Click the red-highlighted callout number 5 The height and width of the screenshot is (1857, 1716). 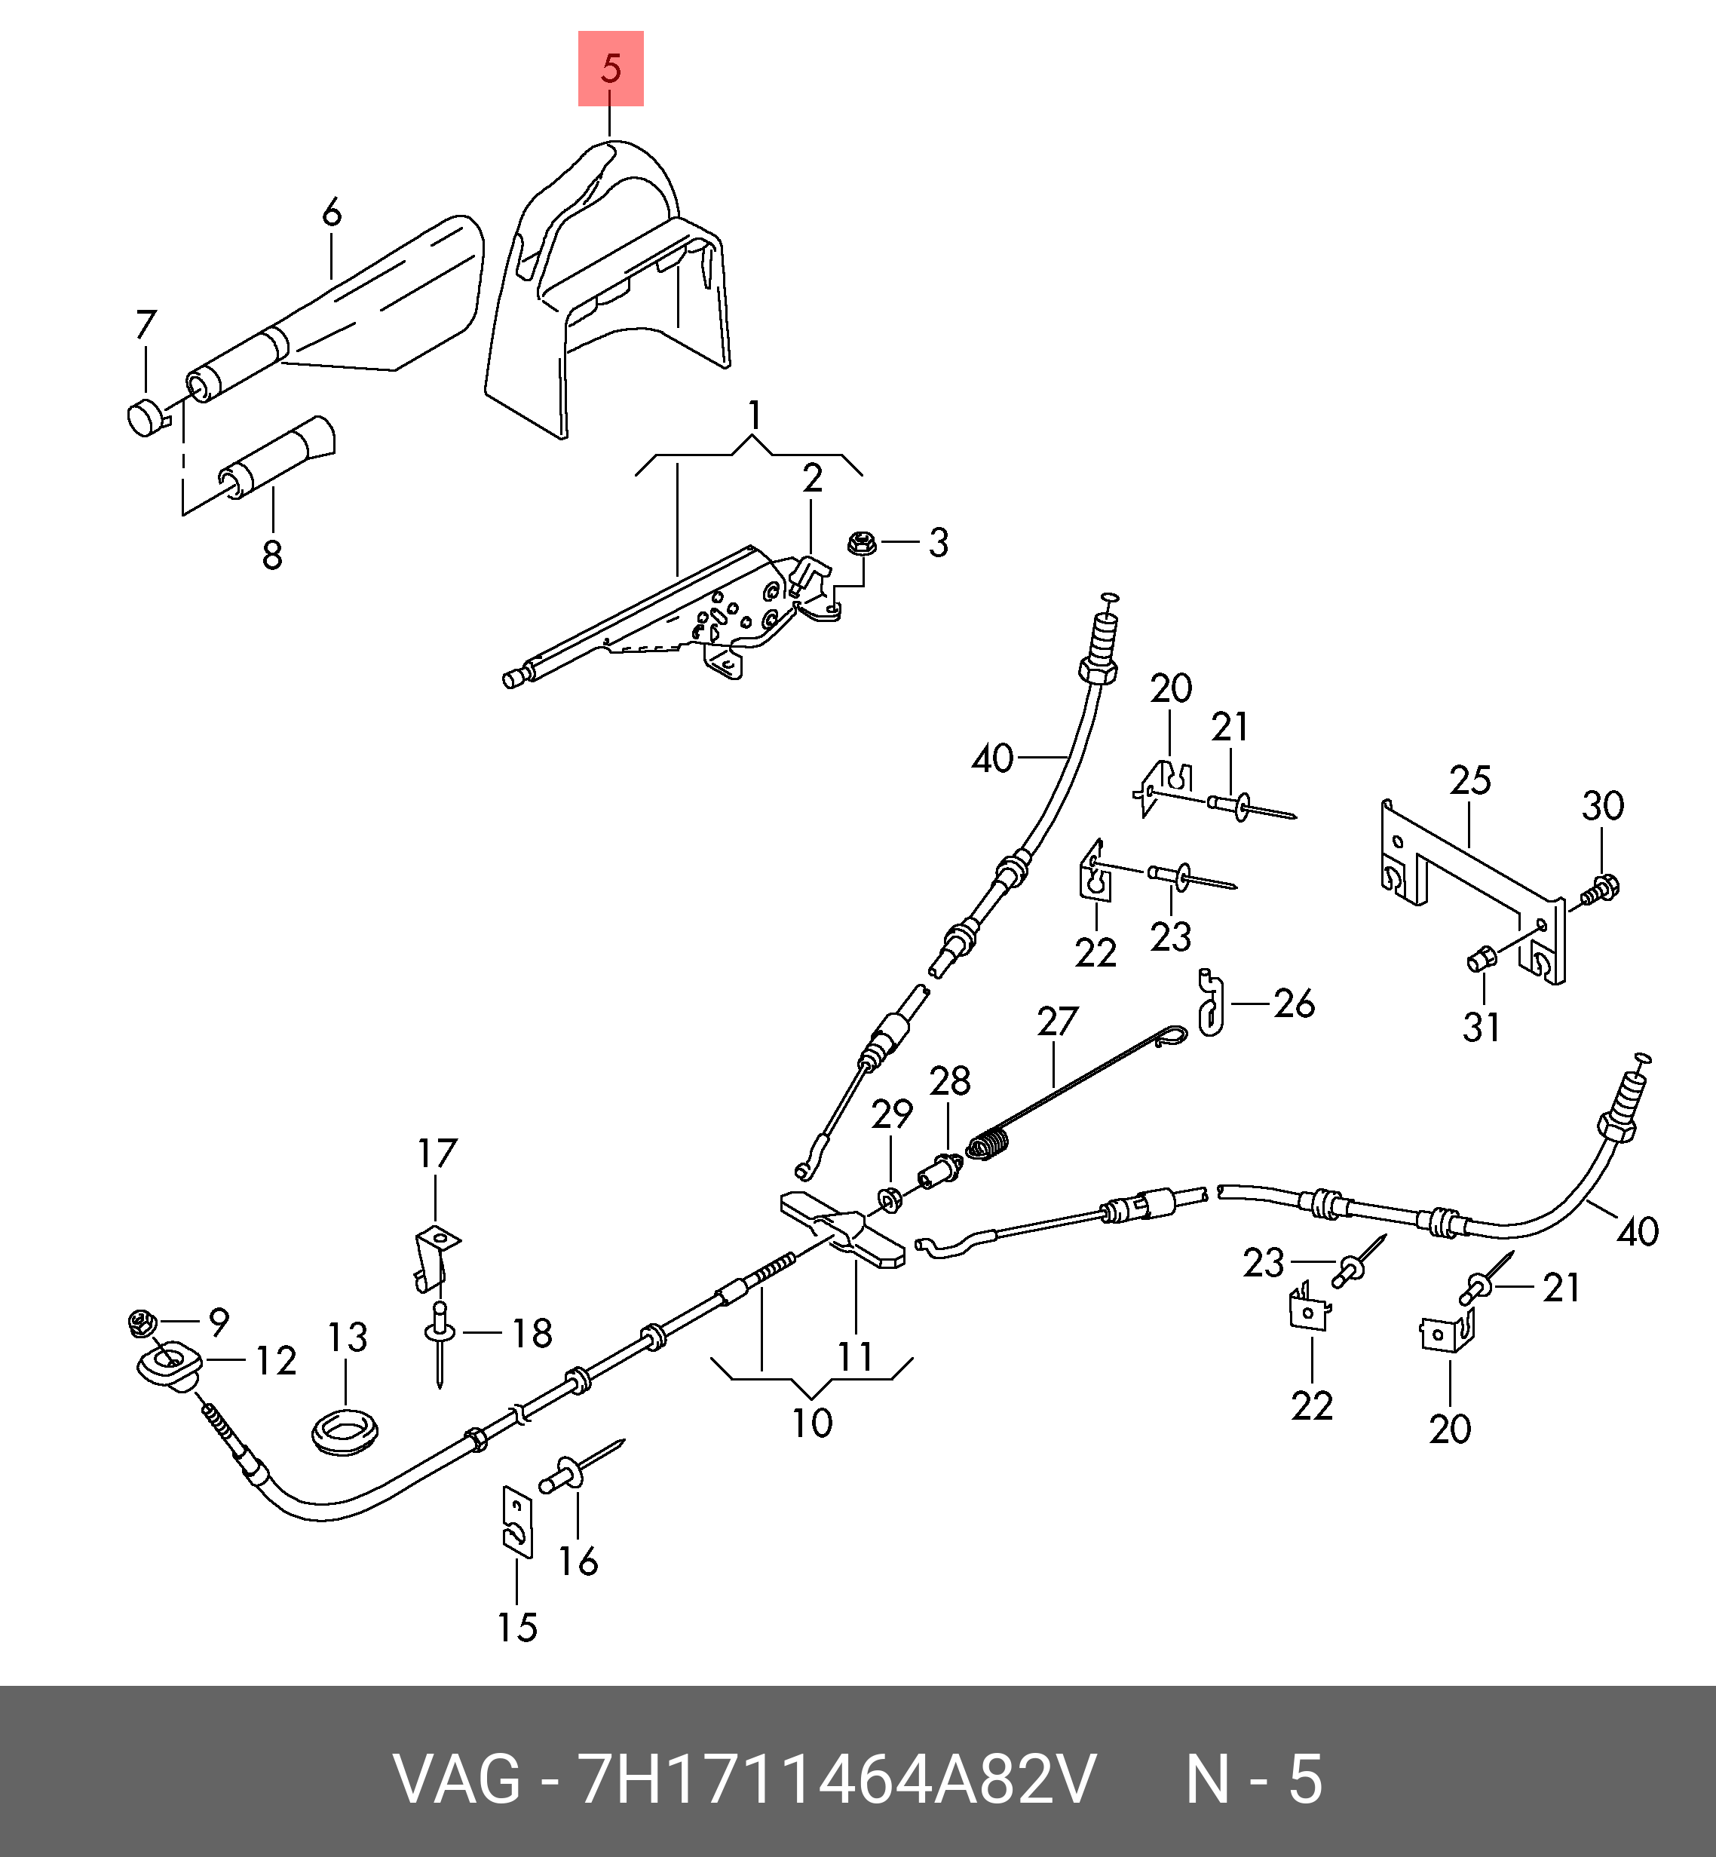click(610, 69)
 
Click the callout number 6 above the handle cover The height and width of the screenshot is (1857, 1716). click(332, 213)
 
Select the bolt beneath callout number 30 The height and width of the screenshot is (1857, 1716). click(1601, 890)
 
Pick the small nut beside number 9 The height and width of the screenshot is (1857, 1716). click(141, 1322)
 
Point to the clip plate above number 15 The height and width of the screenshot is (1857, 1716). click(517, 1521)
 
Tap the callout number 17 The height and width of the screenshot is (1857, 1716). click(437, 1154)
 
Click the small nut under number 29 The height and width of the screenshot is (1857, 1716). click(890, 1200)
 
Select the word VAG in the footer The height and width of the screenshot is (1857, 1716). click(457, 1780)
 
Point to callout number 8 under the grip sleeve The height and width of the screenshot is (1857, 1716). click(271, 555)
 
